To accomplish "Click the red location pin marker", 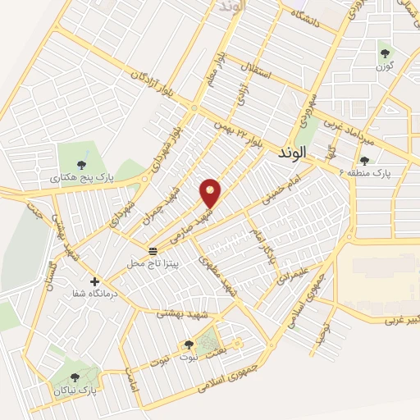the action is pos(211,193).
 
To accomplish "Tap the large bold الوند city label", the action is pos(291,153).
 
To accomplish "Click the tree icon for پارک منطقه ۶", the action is pos(364,160).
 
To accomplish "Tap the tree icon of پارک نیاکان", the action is pos(75,377).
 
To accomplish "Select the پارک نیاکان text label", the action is pos(74,391).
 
